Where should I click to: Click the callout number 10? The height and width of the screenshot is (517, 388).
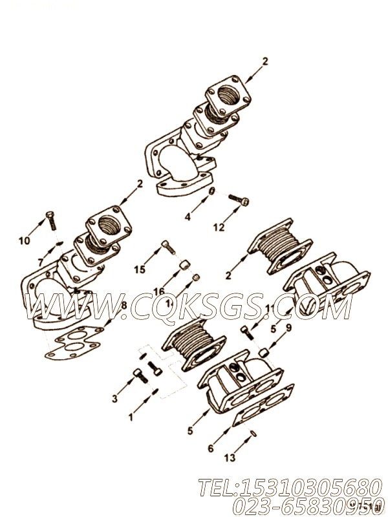[24, 240]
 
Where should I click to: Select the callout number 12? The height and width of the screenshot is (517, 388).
[219, 227]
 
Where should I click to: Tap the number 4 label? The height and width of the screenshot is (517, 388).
[188, 217]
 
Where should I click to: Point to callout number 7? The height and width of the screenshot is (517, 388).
[40, 262]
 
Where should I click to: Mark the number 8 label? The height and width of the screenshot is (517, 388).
[124, 304]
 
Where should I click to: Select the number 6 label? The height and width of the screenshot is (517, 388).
[210, 448]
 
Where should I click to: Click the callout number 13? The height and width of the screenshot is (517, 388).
[230, 458]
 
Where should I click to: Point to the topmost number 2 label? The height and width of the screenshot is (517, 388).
[264, 62]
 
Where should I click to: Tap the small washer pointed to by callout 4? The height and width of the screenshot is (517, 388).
[211, 191]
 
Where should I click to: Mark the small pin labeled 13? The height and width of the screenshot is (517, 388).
[254, 434]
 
